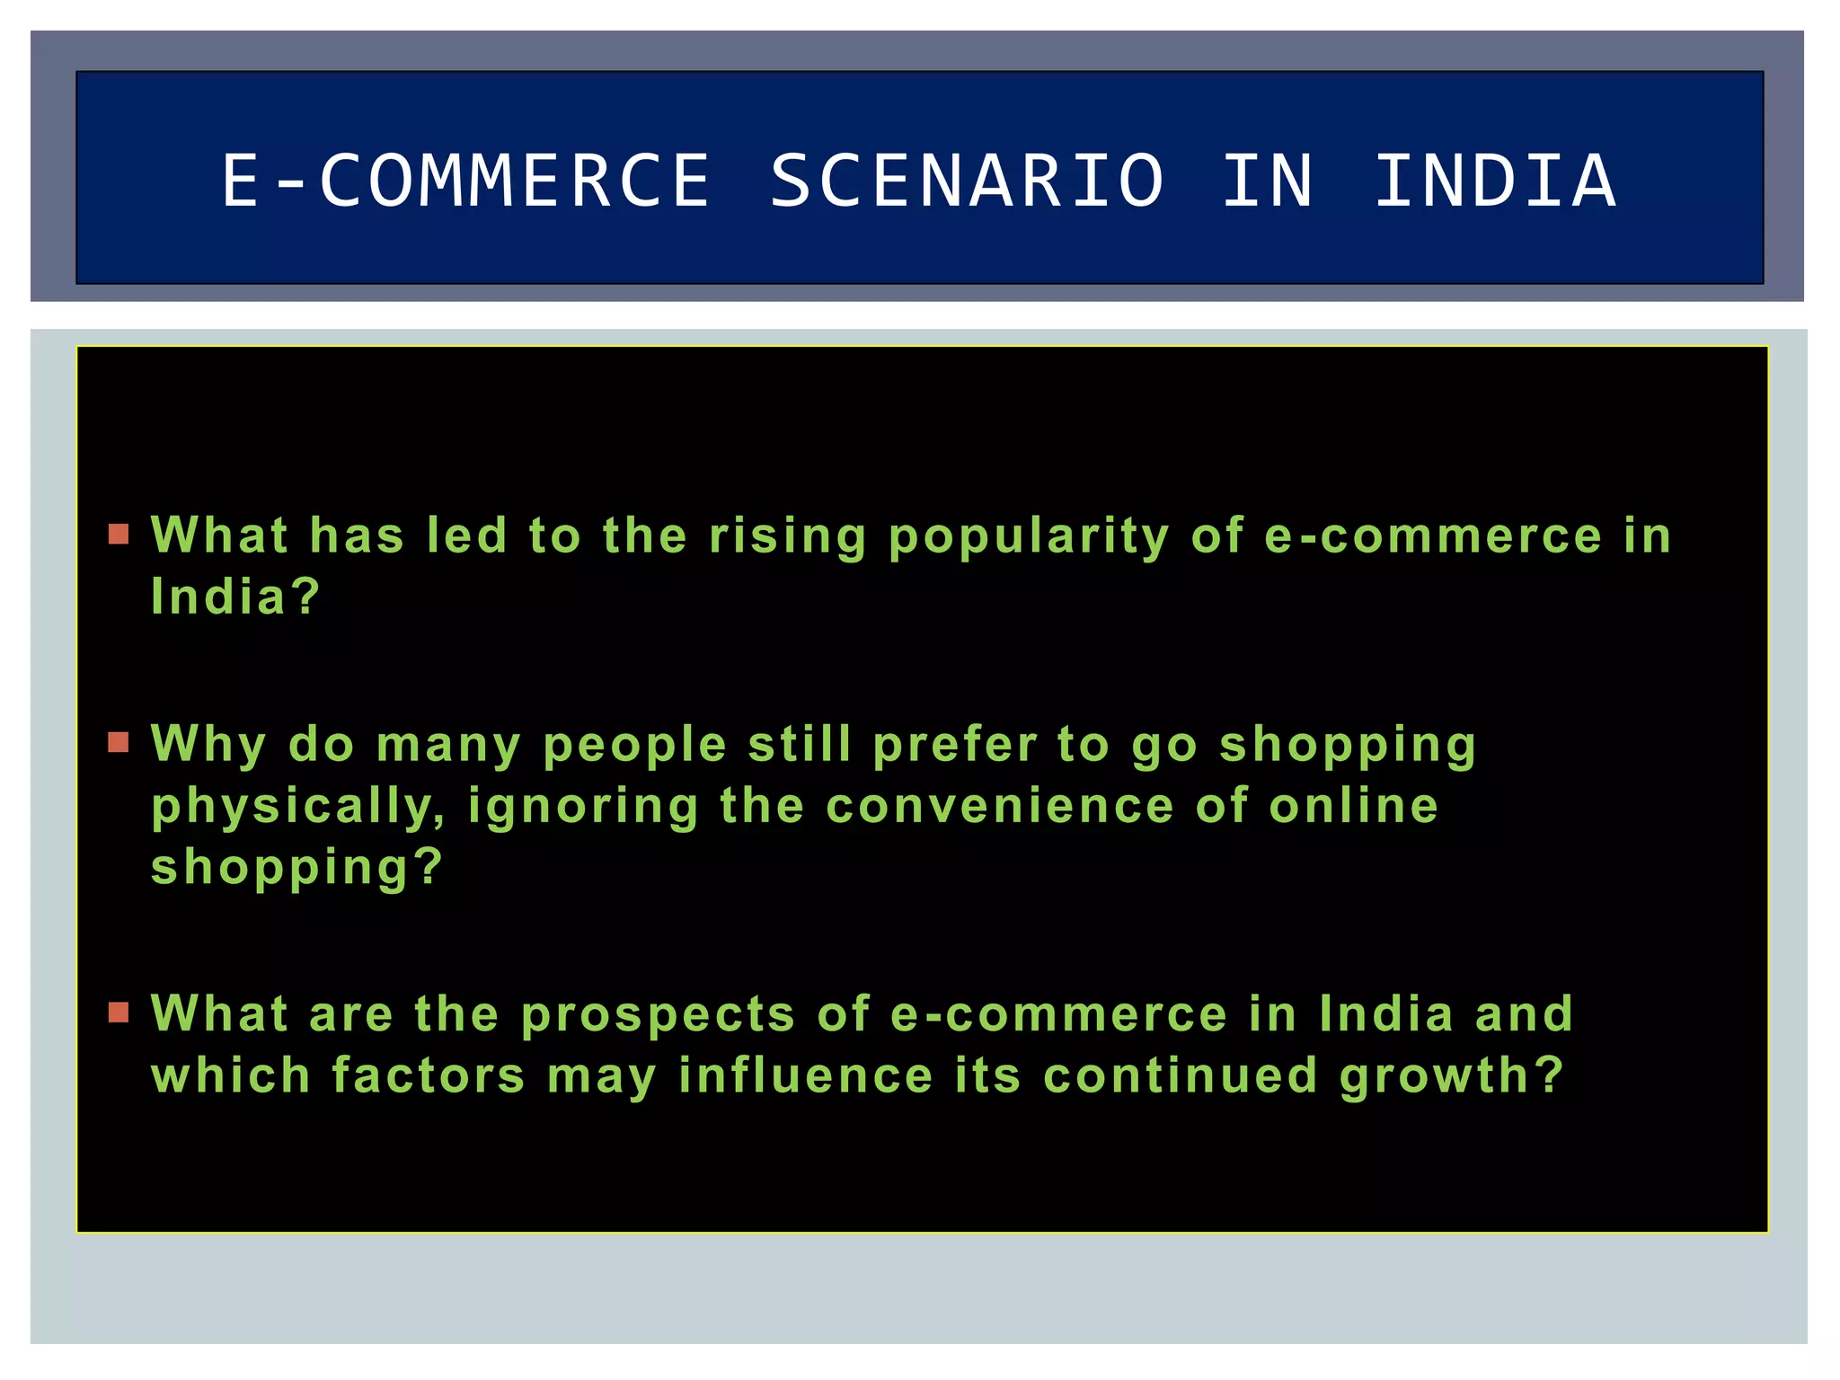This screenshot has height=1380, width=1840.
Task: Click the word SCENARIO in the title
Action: tap(967, 181)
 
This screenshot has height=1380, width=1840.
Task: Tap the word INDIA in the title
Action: tap(1496, 181)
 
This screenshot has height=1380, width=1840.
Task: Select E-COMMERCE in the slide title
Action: tap(466, 181)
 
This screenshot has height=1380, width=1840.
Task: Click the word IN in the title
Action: tap(1268, 181)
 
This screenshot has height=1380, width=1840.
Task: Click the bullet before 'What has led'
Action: tap(119, 535)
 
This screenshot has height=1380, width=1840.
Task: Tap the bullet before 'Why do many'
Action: tap(119, 743)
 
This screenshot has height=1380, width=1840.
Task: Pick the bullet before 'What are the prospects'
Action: tap(119, 1013)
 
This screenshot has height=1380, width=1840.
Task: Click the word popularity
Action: tap(1029, 537)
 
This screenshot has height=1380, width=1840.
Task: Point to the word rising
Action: tap(788, 537)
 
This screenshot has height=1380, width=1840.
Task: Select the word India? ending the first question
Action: tap(235, 597)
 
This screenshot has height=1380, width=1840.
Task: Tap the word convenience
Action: tap(999, 805)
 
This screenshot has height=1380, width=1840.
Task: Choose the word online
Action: tap(1353, 805)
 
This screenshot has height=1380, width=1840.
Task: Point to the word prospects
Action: tap(658, 1015)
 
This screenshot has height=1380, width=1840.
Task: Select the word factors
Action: tap(428, 1075)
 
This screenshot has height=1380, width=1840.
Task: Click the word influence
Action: tap(806, 1075)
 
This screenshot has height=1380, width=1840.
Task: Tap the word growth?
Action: tap(1451, 1077)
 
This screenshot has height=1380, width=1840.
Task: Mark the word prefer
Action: tap(955, 746)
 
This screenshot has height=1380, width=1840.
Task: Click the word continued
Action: tap(1180, 1075)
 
